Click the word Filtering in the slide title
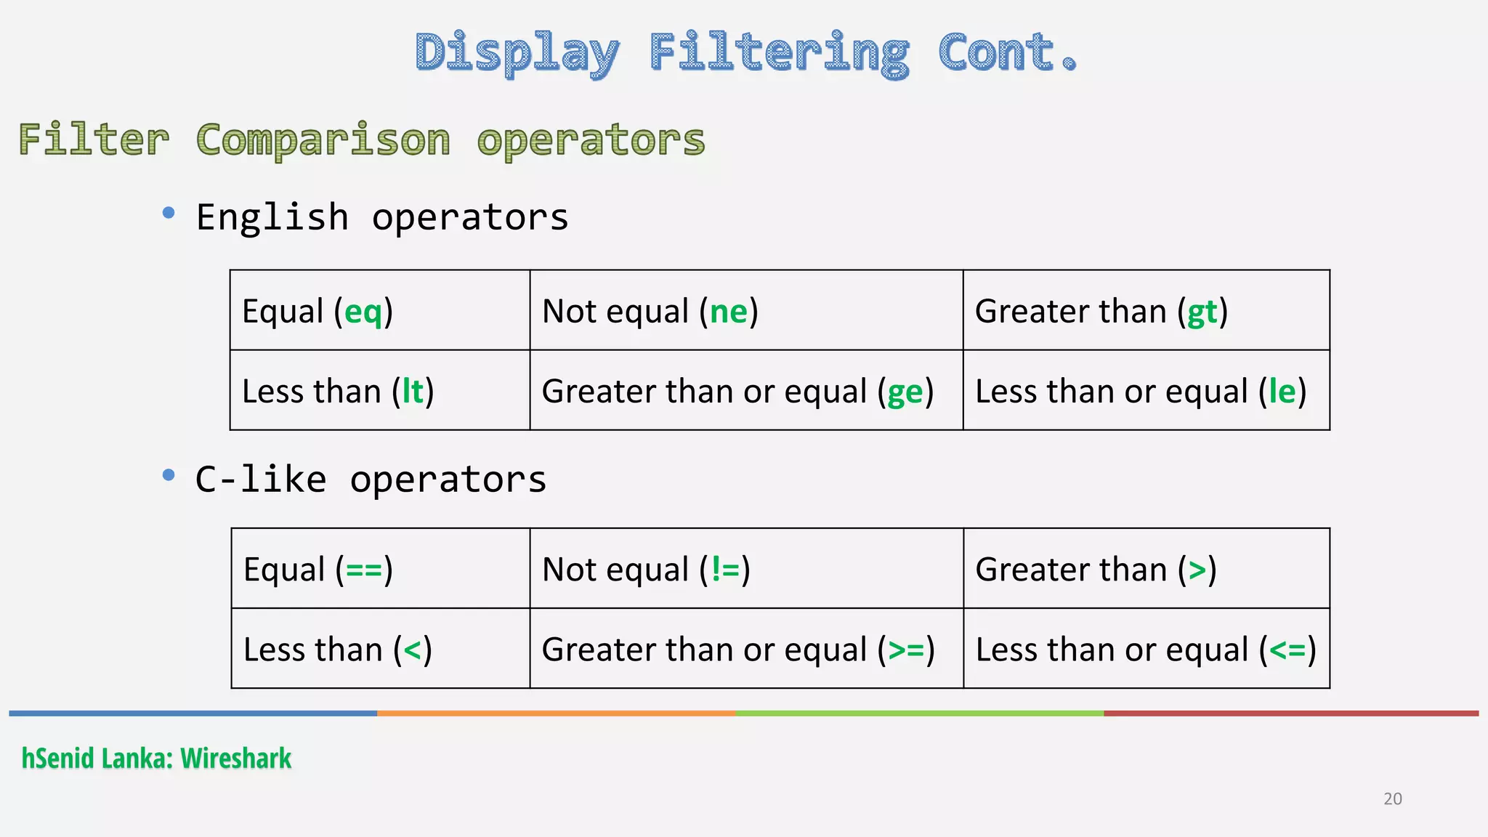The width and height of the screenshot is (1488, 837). pos(779,54)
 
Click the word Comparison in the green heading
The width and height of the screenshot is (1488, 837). pos(323,140)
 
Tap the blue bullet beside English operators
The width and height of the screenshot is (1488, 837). pos(169,213)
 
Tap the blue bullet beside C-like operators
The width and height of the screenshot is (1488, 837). pos(169,475)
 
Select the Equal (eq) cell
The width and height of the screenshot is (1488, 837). pos(380,311)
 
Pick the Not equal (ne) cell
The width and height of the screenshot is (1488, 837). pos(746,311)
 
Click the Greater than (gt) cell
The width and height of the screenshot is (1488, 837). pos(1146,311)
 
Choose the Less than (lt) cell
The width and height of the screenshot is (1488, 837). pos(380,391)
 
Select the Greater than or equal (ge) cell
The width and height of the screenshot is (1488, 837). pos(746,391)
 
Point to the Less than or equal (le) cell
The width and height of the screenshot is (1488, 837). pos(1146,391)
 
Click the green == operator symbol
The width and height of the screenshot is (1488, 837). pos(364,570)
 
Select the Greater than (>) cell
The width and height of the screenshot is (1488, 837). pos(1146,569)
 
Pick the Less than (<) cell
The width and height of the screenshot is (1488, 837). pos(380,649)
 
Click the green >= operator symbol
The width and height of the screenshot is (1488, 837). pos(906,650)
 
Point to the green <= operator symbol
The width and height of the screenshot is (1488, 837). pos(1287,650)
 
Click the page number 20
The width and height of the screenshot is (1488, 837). pos(1392,799)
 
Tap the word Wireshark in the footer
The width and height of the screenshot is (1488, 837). pos(236,759)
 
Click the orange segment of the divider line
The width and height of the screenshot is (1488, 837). pos(557,713)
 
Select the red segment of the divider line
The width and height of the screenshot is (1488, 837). pos(1290,713)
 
